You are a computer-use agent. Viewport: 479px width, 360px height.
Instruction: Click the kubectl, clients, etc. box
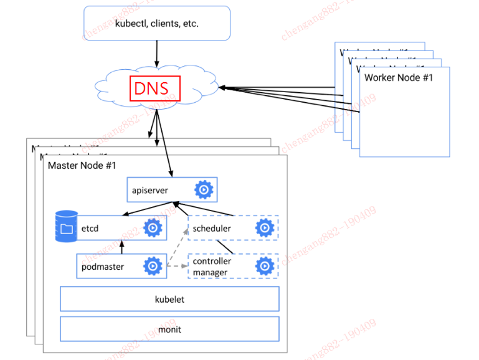(x=156, y=24)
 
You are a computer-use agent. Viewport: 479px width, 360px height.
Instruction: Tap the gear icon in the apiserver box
(x=203, y=189)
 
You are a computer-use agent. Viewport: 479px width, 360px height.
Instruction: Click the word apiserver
(x=150, y=190)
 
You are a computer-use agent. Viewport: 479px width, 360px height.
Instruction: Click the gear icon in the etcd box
(x=153, y=228)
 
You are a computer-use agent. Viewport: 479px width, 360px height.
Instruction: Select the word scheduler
(x=212, y=229)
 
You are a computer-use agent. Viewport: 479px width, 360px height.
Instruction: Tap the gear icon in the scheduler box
(x=265, y=228)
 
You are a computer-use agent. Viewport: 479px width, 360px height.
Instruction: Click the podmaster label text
(x=103, y=267)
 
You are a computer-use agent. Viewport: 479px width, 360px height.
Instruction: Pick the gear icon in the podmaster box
(x=153, y=267)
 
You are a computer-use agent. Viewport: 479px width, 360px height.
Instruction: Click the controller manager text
(x=212, y=267)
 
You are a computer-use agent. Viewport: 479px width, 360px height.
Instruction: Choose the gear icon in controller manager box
(x=265, y=267)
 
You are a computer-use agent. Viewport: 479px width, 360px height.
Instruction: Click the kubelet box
(x=169, y=299)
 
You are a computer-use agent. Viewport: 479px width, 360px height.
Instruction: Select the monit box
(x=169, y=329)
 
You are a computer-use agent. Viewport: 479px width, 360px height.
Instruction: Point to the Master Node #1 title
(x=82, y=166)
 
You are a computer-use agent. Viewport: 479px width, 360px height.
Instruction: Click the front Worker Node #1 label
(x=398, y=78)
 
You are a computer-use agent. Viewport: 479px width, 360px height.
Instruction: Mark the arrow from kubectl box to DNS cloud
(x=156, y=53)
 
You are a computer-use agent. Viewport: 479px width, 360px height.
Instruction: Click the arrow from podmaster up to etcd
(x=122, y=247)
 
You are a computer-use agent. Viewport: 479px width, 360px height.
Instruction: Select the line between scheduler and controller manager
(x=234, y=247)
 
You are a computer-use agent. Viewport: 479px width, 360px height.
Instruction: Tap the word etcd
(x=90, y=229)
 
